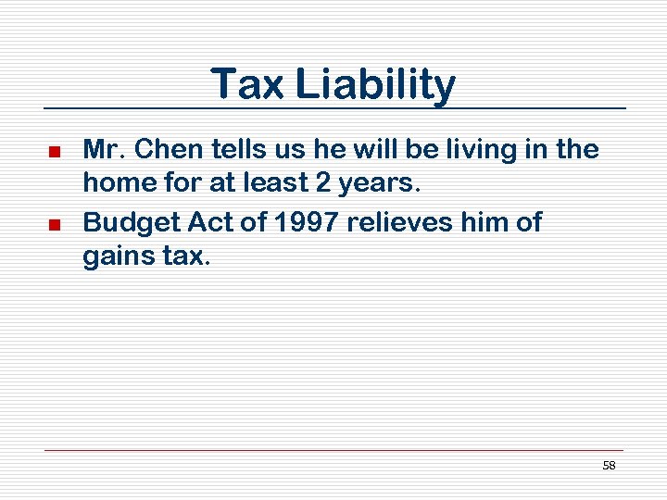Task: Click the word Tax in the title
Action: (248, 84)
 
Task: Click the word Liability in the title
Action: (375, 86)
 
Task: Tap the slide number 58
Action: (609, 466)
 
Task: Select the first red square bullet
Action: (54, 150)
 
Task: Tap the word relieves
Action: (411, 222)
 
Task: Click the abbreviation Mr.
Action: (101, 148)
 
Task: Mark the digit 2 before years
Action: (329, 183)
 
